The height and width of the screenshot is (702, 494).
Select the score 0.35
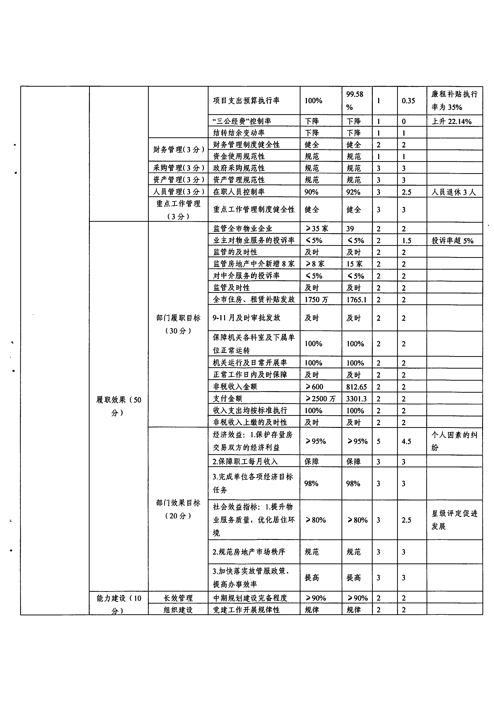click(x=408, y=101)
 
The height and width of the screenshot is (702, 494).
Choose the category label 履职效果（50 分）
click(x=118, y=406)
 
